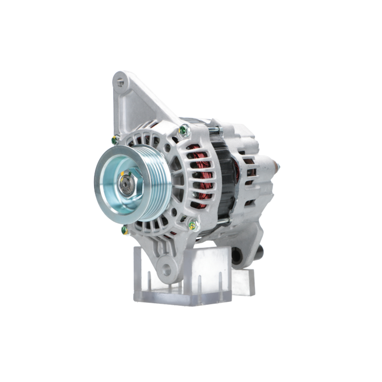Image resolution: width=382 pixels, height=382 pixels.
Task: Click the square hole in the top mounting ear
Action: pyautogui.click(x=121, y=81)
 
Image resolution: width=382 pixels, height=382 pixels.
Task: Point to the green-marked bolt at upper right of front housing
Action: pyautogui.click(x=185, y=131)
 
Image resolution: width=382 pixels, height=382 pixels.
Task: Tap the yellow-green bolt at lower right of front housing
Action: pyautogui.click(x=193, y=225)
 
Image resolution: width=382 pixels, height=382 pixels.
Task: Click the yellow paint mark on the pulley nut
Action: pyautogui.click(x=122, y=174)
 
